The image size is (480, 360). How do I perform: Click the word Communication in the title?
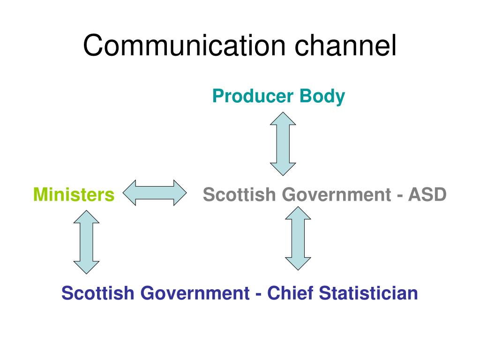pos(184,45)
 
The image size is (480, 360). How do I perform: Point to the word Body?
pos(322,96)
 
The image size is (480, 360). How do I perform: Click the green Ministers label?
pos(74,194)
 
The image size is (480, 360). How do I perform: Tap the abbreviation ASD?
pos(427,194)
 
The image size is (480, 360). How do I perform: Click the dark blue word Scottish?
pos(97,293)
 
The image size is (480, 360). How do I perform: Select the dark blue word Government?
pos(195,294)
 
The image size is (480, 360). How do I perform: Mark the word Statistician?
pos(368,293)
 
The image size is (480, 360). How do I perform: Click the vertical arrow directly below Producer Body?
pos(283,143)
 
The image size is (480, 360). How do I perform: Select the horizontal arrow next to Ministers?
pos(155,193)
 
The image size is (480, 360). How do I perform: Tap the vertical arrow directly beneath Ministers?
pos(86,242)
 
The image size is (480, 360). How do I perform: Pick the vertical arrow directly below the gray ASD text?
pos(298,238)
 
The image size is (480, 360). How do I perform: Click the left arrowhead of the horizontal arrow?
pos(130,193)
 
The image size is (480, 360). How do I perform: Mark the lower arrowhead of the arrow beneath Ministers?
pos(86,267)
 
